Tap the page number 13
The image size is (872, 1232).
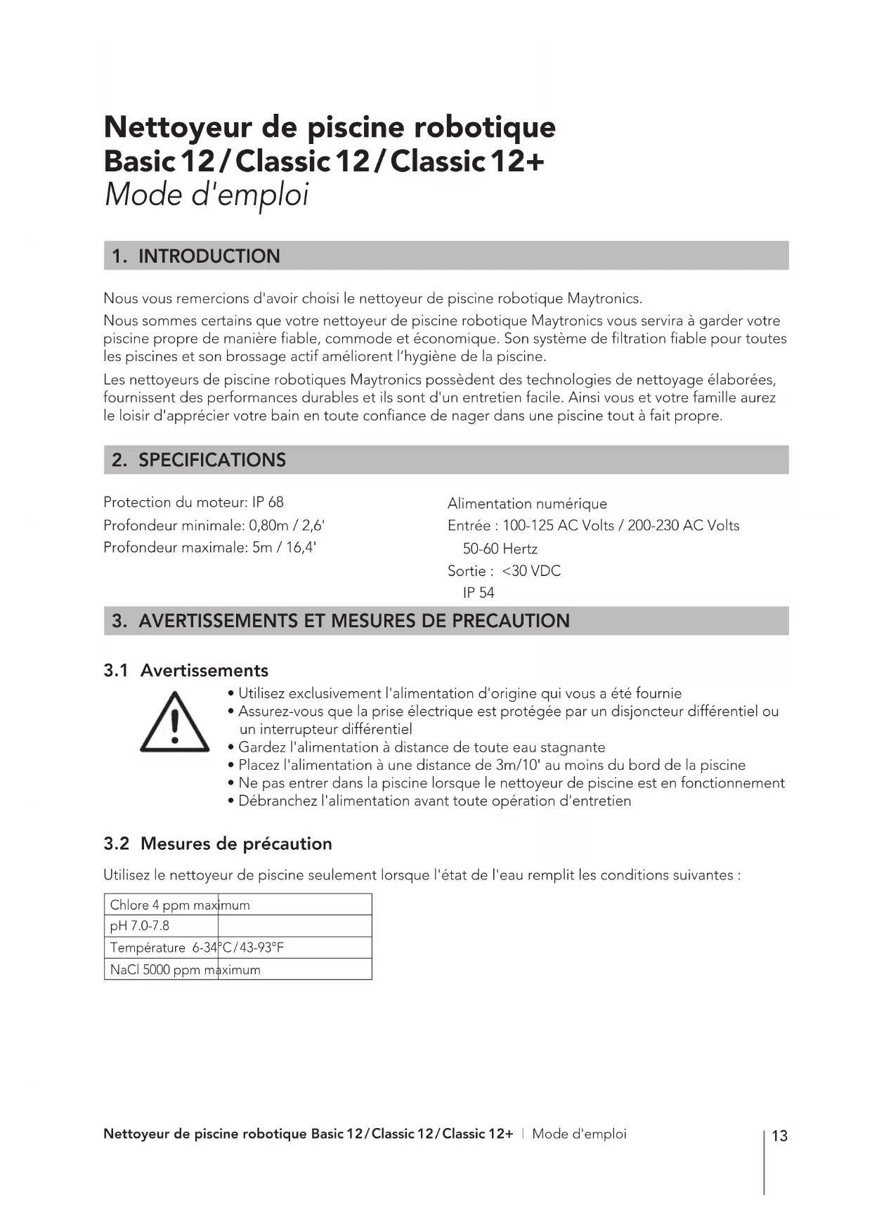[x=779, y=1136]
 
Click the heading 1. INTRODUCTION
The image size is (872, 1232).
[x=195, y=256]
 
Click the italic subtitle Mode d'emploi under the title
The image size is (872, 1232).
[x=207, y=195]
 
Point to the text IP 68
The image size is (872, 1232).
[x=268, y=502]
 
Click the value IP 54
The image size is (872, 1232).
[x=479, y=593]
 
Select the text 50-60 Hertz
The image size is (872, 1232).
[x=500, y=549]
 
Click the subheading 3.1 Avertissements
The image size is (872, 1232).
[x=186, y=670]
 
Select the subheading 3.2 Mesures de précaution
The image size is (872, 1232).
[x=218, y=844]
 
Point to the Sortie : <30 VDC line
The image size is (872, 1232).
[x=504, y=571]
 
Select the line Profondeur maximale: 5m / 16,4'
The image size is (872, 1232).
[x=209, y=547]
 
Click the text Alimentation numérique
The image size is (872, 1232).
[x=527, y=504]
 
